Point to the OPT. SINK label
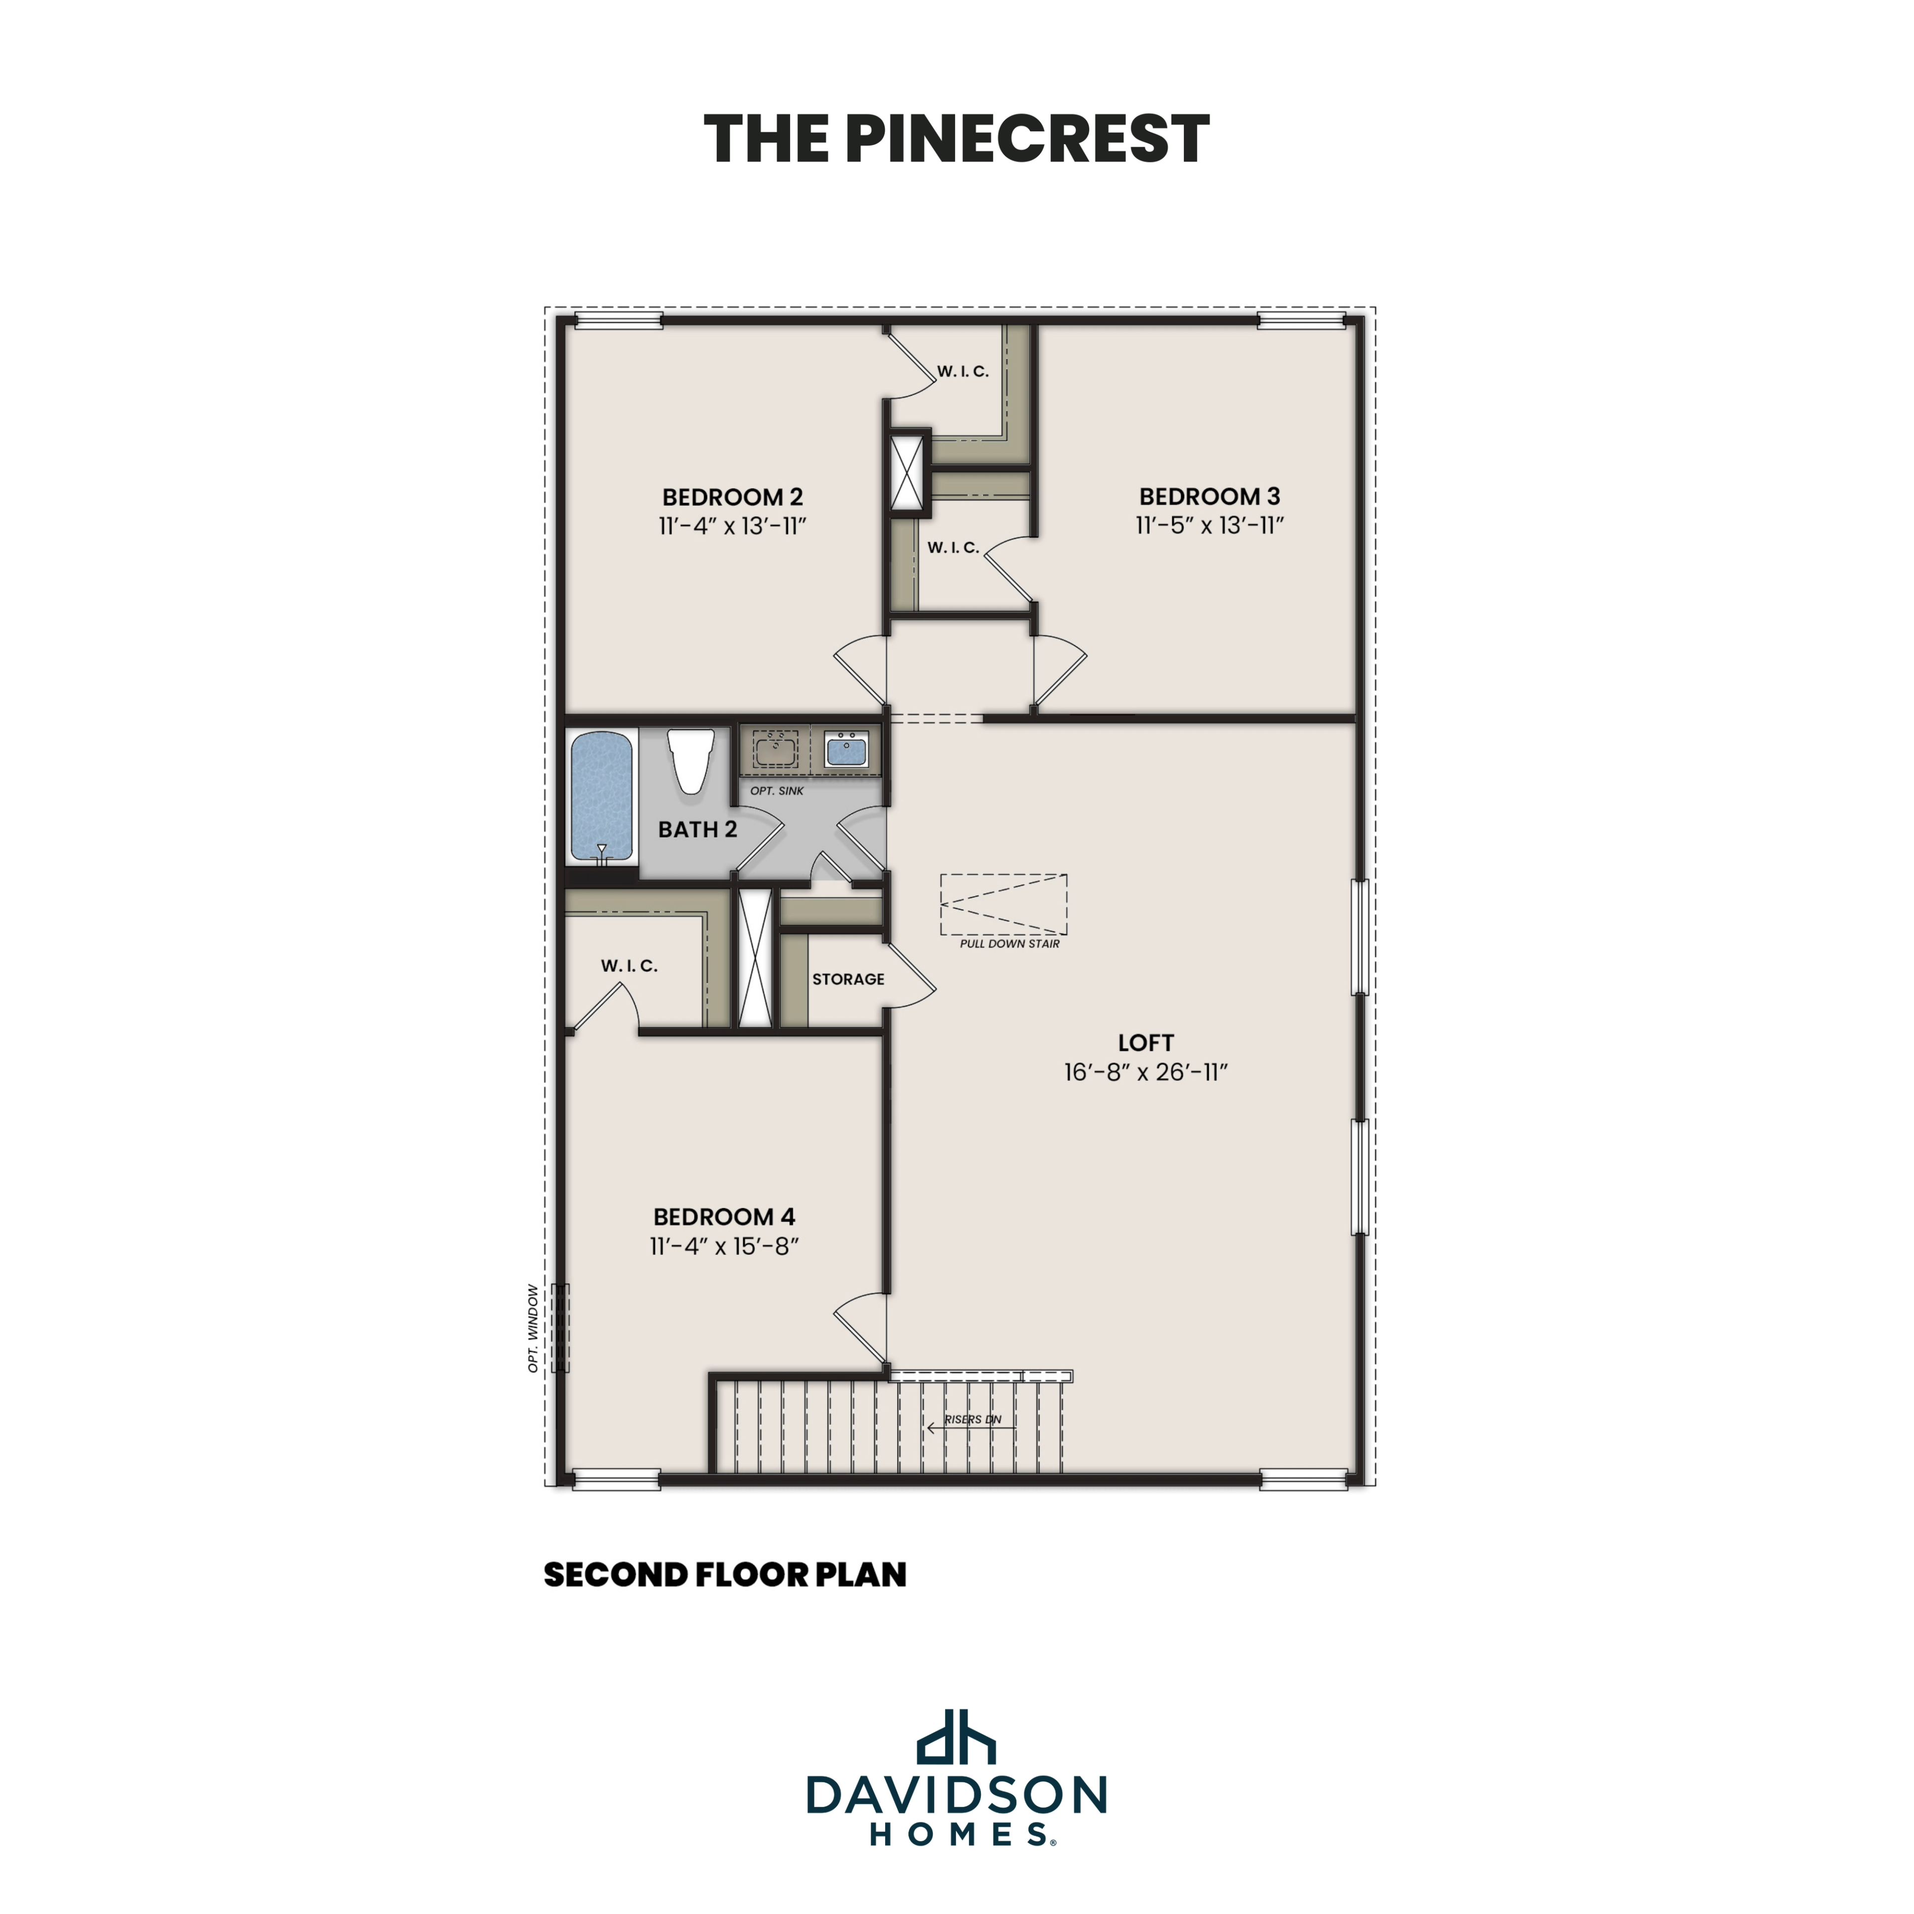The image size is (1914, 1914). (x=777, y=791)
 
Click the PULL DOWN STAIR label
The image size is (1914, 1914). (x=1009, y=944)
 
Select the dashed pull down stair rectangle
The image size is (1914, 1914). (x=1003, y=904)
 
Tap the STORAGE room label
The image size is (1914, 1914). (x=848, y=979)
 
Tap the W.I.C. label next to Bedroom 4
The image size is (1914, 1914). (x=629, y=966)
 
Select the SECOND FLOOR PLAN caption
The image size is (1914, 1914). (x=724, y=1575)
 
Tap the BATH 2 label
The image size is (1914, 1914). (x=697, y=829)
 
